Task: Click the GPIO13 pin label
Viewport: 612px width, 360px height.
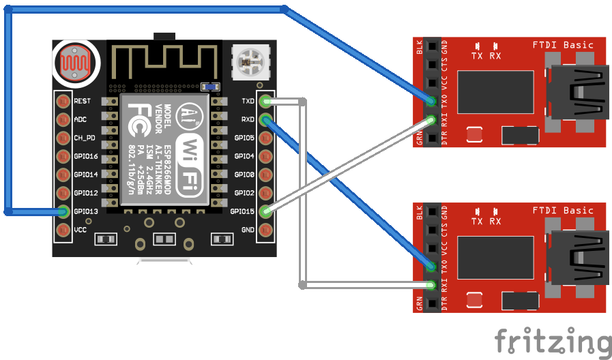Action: (x=86, y=211)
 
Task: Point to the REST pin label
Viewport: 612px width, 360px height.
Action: (x=82, y=101)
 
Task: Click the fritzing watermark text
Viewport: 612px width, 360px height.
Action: (x=553, y=340)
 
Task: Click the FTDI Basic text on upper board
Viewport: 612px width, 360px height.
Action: (x=563, y=45)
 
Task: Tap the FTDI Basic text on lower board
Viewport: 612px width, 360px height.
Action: (x=563, y=210)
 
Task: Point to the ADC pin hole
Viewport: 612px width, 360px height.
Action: (x=64, y=119)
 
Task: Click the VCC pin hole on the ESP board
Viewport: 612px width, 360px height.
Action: (x=64, y=230)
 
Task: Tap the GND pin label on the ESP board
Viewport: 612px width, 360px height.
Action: (x=248, y=230)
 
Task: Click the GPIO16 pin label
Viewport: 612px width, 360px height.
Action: (x=86, y=156)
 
